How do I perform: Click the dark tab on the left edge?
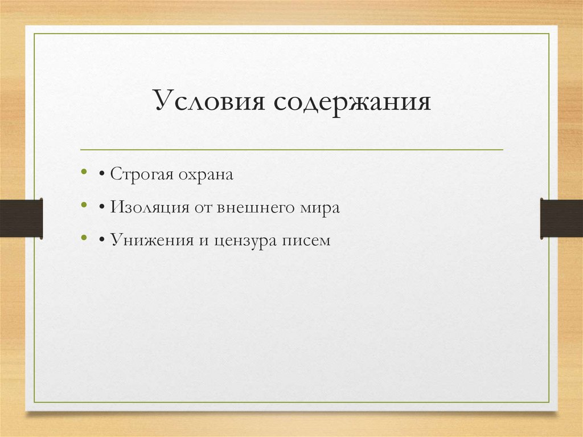point(21,217)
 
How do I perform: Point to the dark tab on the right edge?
point(561,217)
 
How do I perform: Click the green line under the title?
point(291,150)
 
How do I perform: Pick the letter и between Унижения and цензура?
point(204,241)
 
